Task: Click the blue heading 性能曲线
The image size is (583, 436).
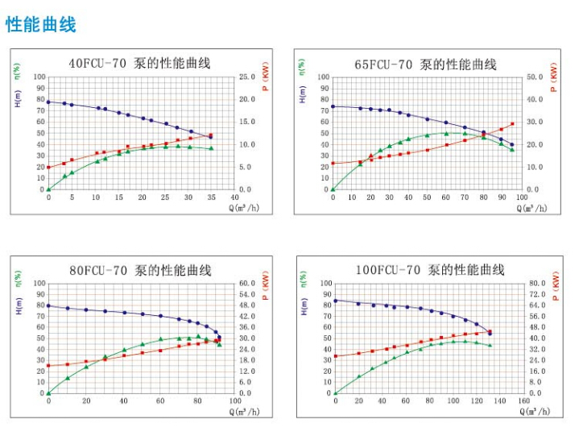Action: [x=41, y=24]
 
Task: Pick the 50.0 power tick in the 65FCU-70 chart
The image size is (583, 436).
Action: [x=535, y=77]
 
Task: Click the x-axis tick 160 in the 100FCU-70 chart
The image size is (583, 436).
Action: [x=523, y=401]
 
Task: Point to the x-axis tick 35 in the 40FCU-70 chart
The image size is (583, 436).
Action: [x=211, y=197]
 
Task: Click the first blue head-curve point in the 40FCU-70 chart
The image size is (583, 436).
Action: [x=48, y=102]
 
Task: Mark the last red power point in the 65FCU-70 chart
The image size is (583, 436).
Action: [x=512, y=124]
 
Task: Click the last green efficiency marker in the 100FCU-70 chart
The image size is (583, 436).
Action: [x=490, y=345]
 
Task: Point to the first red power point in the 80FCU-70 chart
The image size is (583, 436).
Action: [x=48, y=365]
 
